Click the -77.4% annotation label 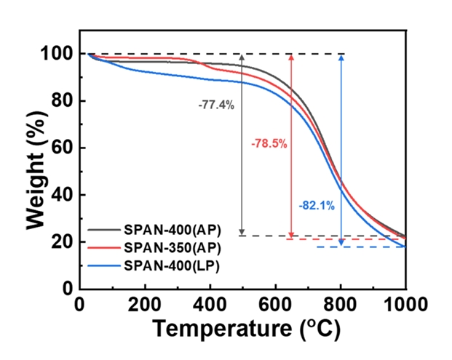click(216, 105)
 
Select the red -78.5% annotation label click(269, 144)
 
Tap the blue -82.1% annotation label click(317, 206)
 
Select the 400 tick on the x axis click(210, 303)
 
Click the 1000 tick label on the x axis click(405, 303)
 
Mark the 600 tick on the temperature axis click(275, 303)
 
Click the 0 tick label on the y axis click(68, 289)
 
